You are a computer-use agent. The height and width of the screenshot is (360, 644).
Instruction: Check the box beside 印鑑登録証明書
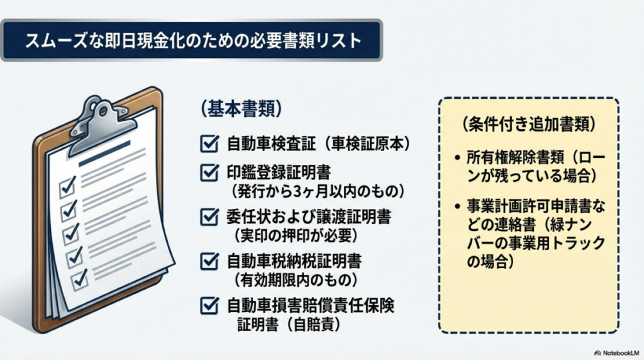pyautogui.click(x=208, y=171)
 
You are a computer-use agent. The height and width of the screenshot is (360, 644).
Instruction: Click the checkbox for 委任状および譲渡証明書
pyautogui.click(x=208, y=217)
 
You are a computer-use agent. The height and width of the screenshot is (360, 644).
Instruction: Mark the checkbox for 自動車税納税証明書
pyautogui.click(x=208, y=261)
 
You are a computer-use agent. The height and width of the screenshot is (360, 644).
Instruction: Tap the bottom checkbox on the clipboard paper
pyautogui.click(x=80, y=277)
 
